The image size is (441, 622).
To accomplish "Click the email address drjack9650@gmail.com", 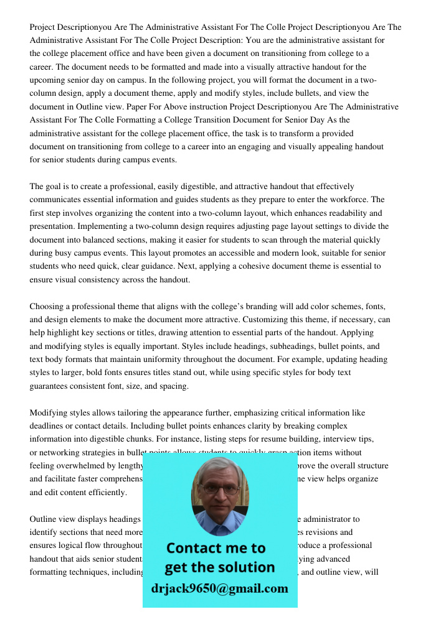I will click(219, 588).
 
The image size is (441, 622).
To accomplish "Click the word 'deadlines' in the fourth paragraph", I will click(49, 426).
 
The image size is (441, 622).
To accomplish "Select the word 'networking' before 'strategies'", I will click(60, 453).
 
